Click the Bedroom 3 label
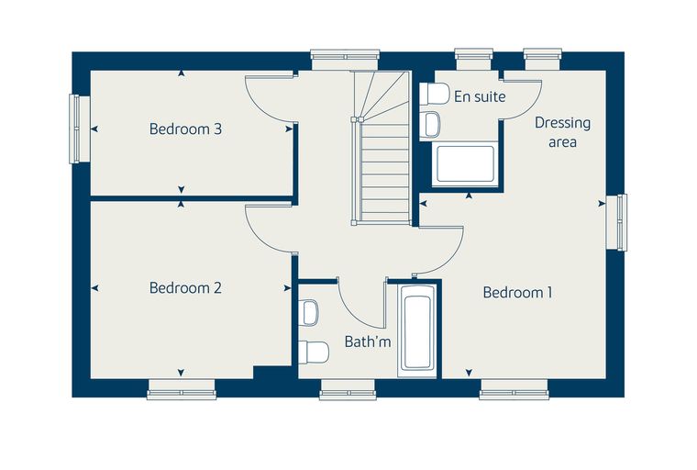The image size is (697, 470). coord(185,129)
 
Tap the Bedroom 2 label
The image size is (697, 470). coord(185,288)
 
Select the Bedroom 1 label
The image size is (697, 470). coord(518,293)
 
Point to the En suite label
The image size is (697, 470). coord(480,96)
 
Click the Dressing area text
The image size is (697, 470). coord(562,132)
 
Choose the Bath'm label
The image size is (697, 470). coord(368,341)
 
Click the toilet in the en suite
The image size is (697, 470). coord(435,94)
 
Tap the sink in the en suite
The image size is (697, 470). coord(430,124)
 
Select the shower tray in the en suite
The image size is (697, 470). coord(465,163)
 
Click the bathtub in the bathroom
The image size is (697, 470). coord(416,329)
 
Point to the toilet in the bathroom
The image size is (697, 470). coord(314,352)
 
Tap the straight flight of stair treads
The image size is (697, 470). coord(385,172)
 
